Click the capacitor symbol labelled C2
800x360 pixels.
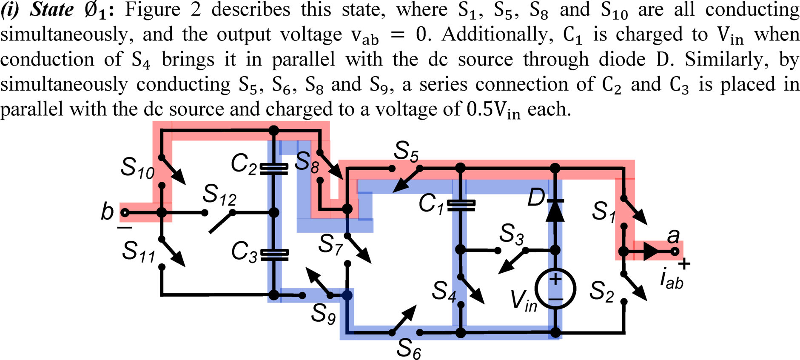274,169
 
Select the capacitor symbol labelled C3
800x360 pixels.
274,254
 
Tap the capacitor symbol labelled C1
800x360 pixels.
461,205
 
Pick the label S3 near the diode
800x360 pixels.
511,234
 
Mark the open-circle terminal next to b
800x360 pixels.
125,212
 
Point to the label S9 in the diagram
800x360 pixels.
323,314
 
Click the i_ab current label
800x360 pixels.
672,280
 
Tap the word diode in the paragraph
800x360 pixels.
622,59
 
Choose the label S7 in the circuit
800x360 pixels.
330,245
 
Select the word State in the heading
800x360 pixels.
51,9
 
